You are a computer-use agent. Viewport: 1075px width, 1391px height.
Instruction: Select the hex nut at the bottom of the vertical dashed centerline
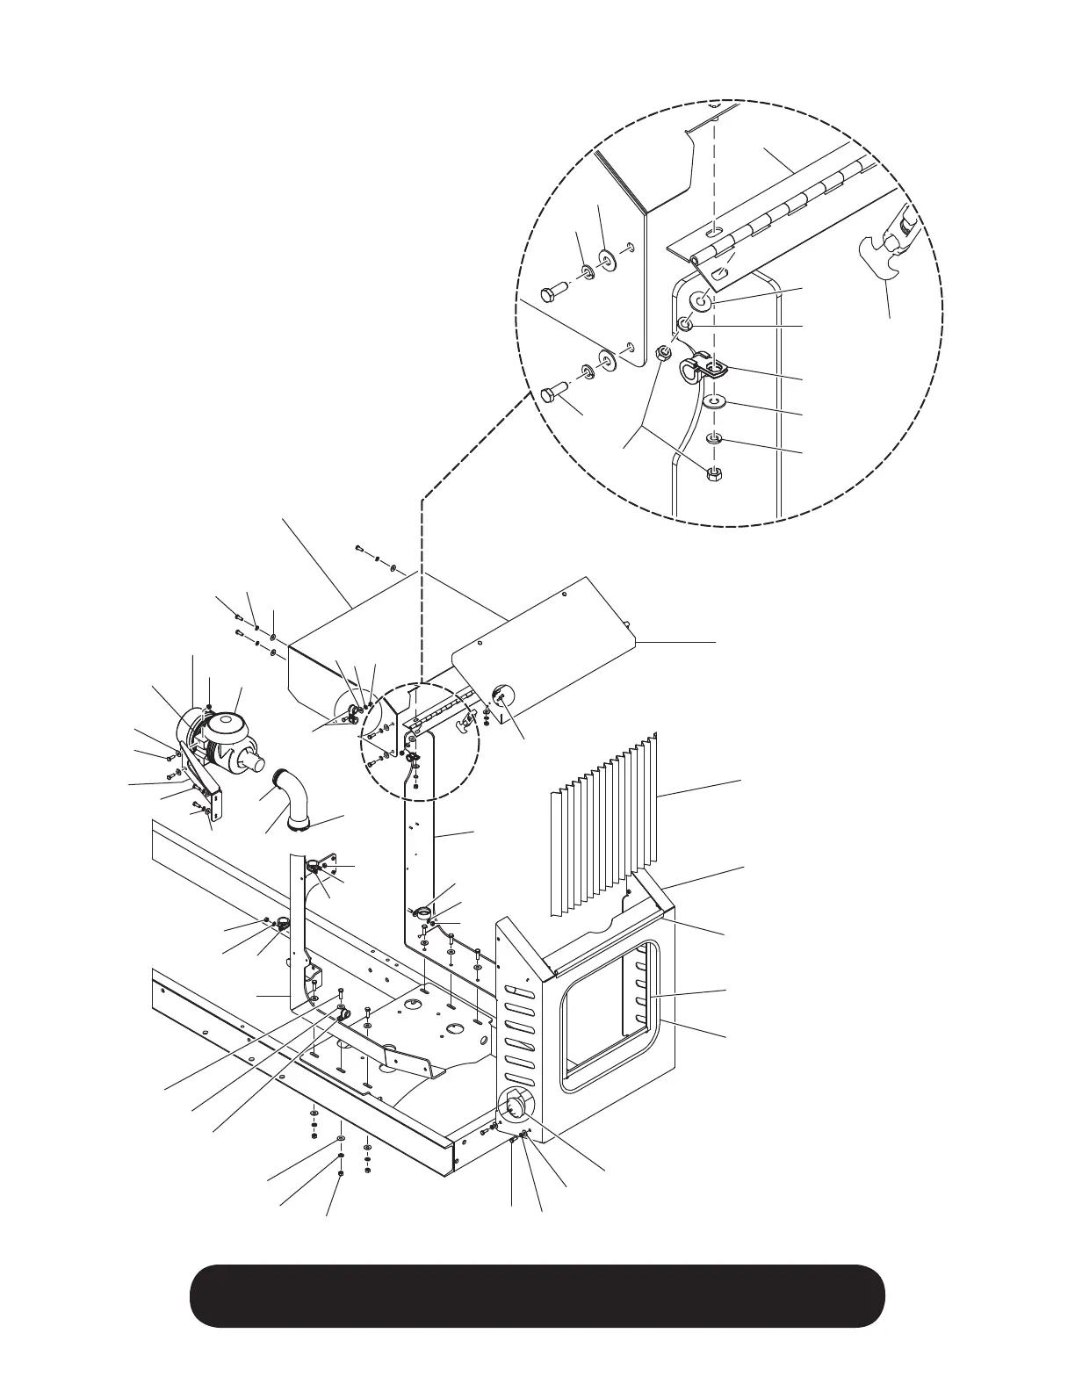[x=715, y=475]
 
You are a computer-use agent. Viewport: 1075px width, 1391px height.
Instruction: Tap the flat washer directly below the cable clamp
[x=718, y=403]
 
